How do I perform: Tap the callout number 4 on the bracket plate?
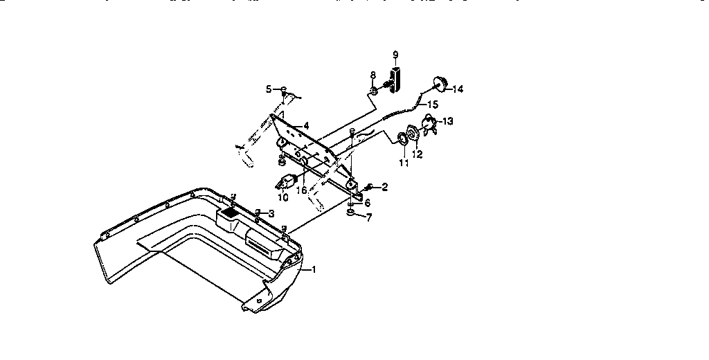coord(305,127)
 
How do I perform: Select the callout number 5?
coord(269,89)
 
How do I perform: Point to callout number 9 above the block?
coord(395,54)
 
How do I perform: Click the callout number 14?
coord(458,89)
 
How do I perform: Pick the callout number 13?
coord(448,121)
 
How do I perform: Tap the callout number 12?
coord(417,154)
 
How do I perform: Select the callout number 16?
coord(302,189)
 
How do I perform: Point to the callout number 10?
coord(283,198)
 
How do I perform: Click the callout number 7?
coord(369,218)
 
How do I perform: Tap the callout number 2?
coord(384,187)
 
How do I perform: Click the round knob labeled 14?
coord(438,84)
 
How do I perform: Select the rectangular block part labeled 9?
coord(396,78)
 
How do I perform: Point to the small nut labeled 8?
coord(373,91)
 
